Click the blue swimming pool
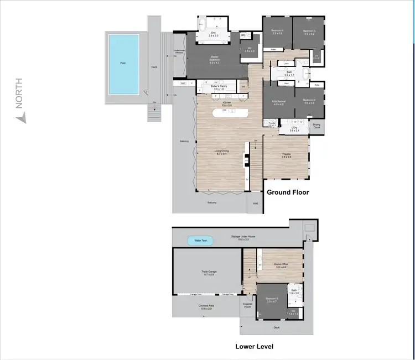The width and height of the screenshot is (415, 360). [x=123, y=64]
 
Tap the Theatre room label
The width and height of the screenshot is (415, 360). [x=286, y=155]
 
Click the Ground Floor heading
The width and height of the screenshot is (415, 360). [x=288, y=192]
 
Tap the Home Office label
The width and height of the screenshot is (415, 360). [x=282, y=264]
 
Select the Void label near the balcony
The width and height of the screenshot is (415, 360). [x=255, y=203]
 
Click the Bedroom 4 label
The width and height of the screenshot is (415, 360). [x=277, y=31]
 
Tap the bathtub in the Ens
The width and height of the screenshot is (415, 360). [x=203, y=24]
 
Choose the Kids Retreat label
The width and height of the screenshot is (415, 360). [x=278, y=102]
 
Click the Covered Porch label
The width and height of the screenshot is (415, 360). [x=247, y=305]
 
